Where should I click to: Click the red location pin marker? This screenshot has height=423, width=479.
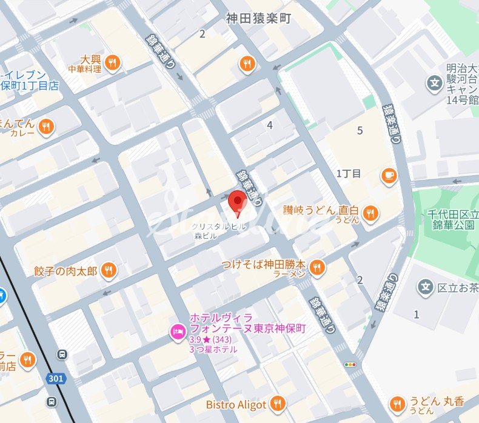tap(236, 202)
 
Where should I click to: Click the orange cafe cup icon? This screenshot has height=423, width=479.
tap(388, 175)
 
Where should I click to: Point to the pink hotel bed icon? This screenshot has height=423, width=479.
tap(178, 331)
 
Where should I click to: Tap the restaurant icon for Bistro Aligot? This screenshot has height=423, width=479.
tap(278, 403)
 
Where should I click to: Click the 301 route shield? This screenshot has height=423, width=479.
tap(56, 378)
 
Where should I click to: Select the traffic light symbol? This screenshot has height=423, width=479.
tap(350, 365)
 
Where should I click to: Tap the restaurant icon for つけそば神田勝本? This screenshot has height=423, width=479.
tap(316, 266)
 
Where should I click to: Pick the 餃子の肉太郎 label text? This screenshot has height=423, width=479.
tap(67, 270)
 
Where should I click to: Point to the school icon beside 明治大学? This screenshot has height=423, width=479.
tap(434, 82)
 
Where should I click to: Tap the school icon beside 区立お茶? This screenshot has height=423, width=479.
tap(426, 286)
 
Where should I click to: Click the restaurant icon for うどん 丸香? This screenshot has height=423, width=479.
tap(397, 403)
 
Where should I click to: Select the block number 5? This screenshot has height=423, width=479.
tap(360, 130)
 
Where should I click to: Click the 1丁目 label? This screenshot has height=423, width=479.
tap(349, 174)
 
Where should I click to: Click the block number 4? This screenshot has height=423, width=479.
tap(270, 125)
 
